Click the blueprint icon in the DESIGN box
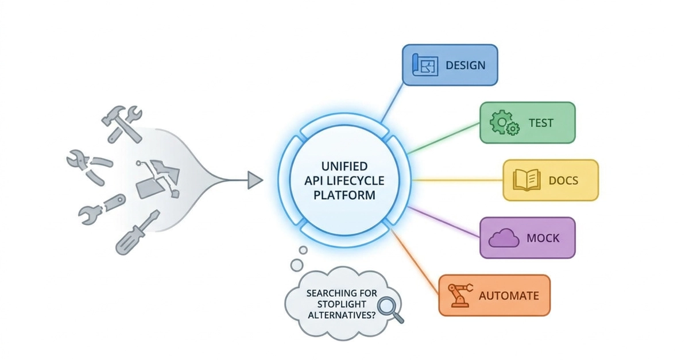425,65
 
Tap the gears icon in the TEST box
505,123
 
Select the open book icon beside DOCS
527,180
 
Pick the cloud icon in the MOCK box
504,238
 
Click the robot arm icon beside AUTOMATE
460,295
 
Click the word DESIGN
466,65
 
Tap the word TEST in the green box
541,123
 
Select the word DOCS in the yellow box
563,180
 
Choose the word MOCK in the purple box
543,238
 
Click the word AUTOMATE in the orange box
509,296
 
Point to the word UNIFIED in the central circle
344,167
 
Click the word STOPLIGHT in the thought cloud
342,304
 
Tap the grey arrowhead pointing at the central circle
255,180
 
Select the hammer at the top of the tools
121,125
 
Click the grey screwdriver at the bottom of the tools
138,233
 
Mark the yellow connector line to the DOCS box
458,180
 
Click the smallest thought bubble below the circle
303,250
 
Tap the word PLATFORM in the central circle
344,195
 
